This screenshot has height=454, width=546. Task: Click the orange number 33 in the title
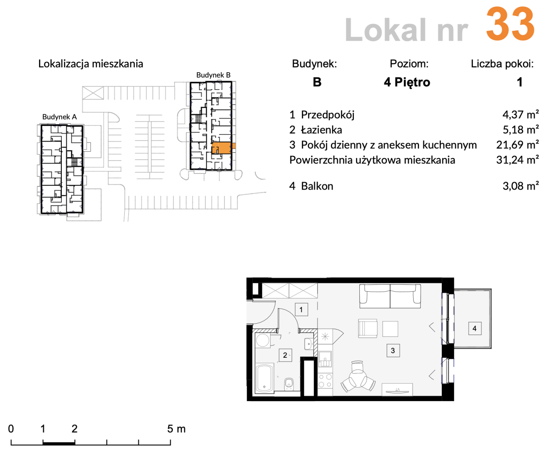(x=510, y=24)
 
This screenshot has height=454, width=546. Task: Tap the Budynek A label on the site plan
(x=60, y=117)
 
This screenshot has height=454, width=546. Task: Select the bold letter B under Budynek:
(x=317, y=82)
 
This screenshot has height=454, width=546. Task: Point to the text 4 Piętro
(x=407, y=82)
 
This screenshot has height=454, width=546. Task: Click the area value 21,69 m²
(x=517, y=145)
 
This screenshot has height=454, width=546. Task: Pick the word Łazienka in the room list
(x=322, y=130)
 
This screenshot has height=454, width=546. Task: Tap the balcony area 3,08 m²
(x=521, y=186)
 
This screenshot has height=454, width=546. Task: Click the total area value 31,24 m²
(x=517, y=160)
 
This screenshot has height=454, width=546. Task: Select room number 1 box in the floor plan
(x=301, y=310)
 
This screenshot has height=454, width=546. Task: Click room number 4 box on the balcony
(x=475, y=328)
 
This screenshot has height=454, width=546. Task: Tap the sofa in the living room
(x=390, y=296)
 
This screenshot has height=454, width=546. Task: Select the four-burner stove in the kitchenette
(x=325, y=380)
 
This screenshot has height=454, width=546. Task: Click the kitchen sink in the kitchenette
(x=325, y=359)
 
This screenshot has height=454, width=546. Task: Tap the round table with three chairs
(x=358, y=377)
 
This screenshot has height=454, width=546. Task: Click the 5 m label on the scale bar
(x=176, y=429)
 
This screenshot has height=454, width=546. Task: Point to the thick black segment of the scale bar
(x=59, y=443)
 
